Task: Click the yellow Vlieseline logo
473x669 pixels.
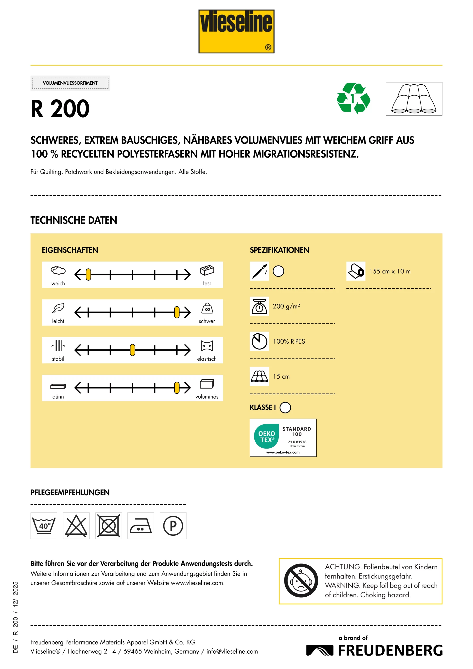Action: coord(236,31)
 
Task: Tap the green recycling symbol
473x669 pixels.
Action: coord(353,99)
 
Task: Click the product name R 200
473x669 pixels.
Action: coord(60,109)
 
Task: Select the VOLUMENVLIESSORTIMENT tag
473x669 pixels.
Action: coord(70,83)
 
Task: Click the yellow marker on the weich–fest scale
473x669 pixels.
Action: coord(88,274)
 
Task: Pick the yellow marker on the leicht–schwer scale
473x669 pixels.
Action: coord(177,312)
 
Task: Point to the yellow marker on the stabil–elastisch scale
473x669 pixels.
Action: coord(133,350)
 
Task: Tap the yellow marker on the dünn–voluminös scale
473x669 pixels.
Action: coord(177,388)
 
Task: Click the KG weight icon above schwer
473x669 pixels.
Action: coord(207,308)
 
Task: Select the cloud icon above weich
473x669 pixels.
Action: coord(58,270)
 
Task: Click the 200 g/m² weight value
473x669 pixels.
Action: coord(286,306)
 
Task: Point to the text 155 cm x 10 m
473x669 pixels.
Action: coord(390,271)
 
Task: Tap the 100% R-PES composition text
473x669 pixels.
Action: coord(289,342)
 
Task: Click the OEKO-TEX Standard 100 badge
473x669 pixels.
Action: coord(283,438)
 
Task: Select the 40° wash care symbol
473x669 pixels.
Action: coord(44,526)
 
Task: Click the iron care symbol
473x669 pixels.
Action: coord(141,526)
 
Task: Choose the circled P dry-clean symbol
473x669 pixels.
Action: coord(173,526)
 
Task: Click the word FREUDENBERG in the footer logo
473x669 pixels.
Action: coord(390,650)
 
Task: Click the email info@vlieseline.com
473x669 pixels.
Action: coord(232,651)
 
